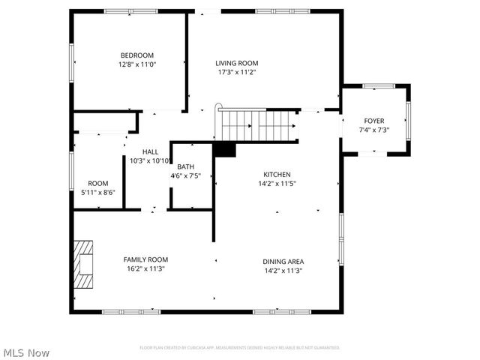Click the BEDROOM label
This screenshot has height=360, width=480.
[137, 55]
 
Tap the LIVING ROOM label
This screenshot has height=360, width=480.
[237, 63]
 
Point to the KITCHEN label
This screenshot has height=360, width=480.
[277, 174]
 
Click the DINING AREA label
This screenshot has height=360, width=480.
[283, 261]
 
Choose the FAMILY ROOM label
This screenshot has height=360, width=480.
[145, 259]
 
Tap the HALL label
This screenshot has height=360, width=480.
[150, 151]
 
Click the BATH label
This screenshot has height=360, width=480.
[186, 166]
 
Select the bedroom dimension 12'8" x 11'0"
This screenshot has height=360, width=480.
[137, 64]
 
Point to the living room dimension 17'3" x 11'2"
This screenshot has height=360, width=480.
[237, 73]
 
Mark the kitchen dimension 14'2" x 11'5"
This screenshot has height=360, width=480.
[277, 183]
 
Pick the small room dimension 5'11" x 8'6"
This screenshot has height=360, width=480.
[98, 192]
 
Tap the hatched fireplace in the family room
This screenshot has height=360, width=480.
[84, 264]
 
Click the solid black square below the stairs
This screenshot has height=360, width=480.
[224, 149]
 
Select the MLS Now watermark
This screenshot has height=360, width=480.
[27, 352]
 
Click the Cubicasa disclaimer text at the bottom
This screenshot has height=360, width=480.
[240, 348]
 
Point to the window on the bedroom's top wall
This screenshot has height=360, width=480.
[130, 11]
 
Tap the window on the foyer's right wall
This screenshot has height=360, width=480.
[409, 120]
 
